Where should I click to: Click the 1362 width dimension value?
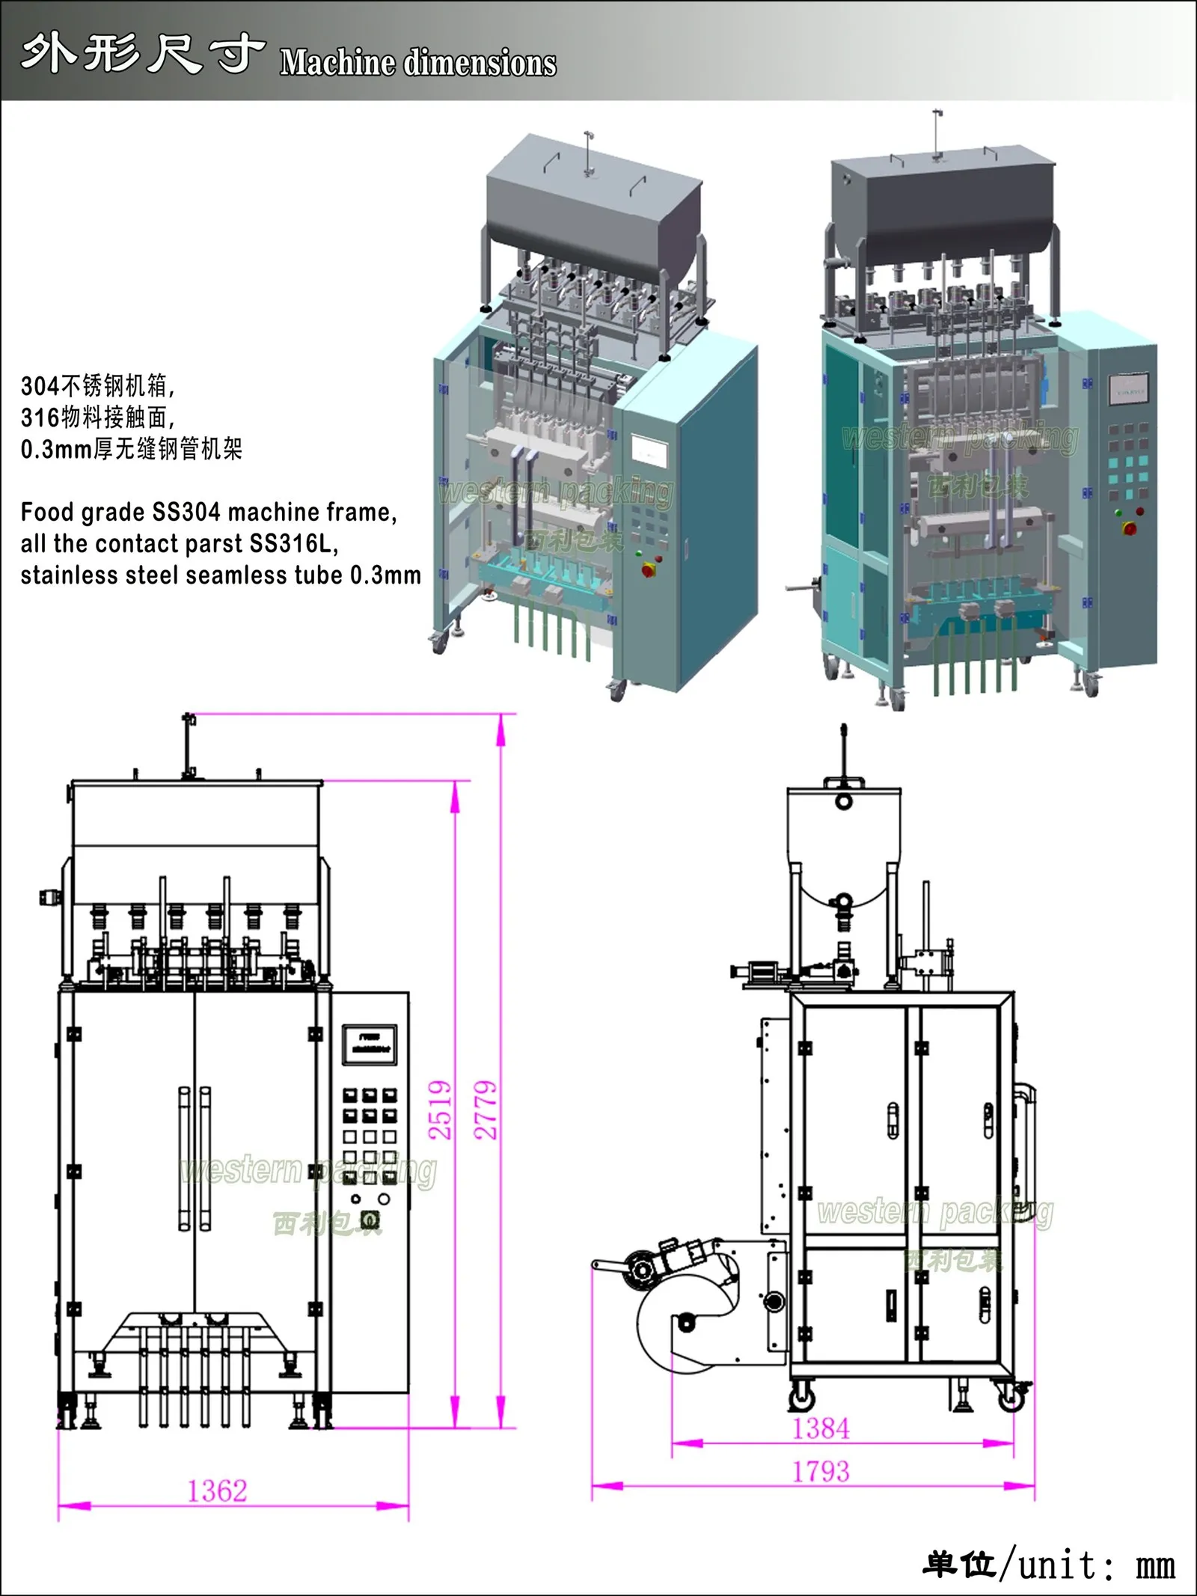[x=217, y=1491]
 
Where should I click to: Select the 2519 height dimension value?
[x=441, y=1110]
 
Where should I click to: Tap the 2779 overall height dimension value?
[x=486, y=1110]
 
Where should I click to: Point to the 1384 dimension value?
[x=821, y=1428]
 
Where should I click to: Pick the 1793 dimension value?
[x=821, y=1472]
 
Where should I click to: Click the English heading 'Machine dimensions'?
[x=418, y=63]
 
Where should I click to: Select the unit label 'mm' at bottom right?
[x=1155, y=1565]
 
